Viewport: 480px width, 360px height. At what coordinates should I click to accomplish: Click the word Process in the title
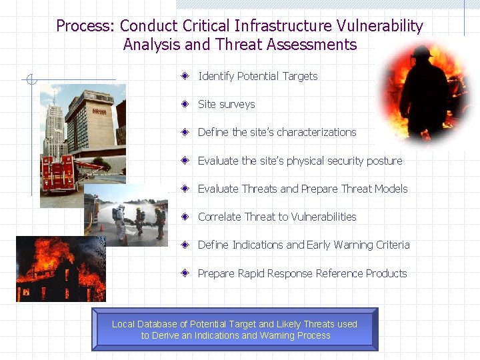tap(85, 27)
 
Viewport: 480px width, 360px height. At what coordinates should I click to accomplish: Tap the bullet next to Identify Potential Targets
tap(189, 76)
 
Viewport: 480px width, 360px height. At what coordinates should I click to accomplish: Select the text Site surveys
tap(226, 105)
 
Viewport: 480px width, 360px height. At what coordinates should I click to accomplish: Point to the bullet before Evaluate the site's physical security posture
tap(189, 161)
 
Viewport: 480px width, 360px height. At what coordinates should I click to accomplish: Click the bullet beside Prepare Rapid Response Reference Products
tap(189, 273)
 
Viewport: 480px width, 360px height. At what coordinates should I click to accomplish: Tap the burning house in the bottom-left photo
tap(57, 273)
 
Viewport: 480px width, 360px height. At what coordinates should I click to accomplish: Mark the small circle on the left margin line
tap(29, 81)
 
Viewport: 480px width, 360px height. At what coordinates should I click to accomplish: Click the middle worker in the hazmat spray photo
tap(139, 220)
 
